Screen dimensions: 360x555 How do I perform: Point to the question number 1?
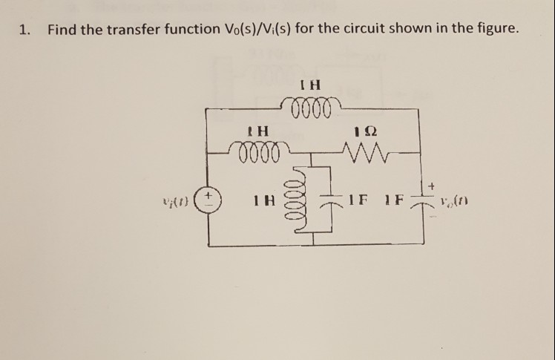tap(24, 30)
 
